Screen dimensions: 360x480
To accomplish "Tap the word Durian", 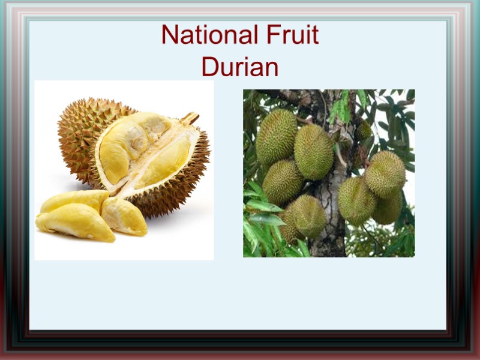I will pyautogui.click(x=240, y=67).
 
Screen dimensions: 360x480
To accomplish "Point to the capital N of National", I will pyautogui.click(x=169, y=36).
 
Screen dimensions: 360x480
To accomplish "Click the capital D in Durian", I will pyautogui.click(x=209, y=67).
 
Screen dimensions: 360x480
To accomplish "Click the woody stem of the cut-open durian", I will pyautogui.click(x=190, y=118).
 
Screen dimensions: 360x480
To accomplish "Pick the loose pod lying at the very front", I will pyautogui.click(x=75, y=222).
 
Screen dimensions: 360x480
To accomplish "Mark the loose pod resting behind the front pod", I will pyautogui.click(x=72, y=200).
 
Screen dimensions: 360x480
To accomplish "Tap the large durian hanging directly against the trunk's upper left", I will pyautogui.click(x=313, y=151).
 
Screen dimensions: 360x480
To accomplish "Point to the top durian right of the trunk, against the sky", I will pyautogui.click(x=385, y=174).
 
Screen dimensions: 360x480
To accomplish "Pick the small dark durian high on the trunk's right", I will pyautogui.click(x=364, y=131).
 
